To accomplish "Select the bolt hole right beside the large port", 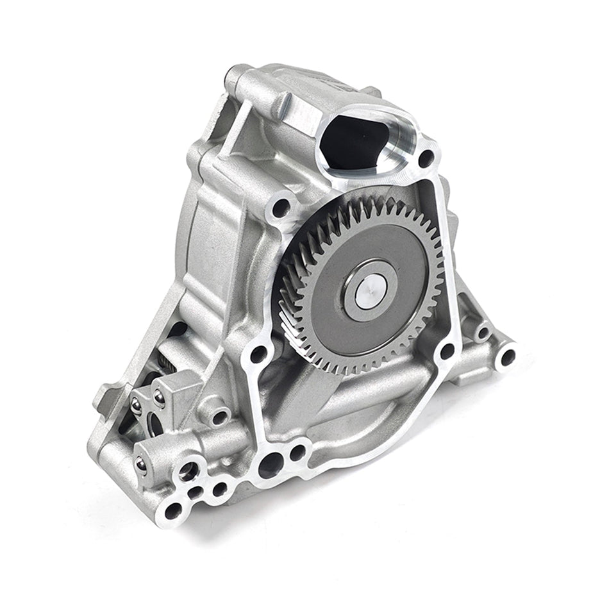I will [x=426, y=156].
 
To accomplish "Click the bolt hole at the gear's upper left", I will [x=280, y=207].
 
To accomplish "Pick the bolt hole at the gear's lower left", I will [x=258, y=354].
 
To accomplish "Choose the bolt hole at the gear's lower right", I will [x=447, y=351].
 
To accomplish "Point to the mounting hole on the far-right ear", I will [x=507, y=356].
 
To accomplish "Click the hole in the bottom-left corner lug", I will [x=173, y=510].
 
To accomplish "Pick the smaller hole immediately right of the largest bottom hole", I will [x=298, y=452].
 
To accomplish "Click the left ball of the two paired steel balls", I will [x=136, y=405].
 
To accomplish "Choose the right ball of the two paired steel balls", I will [x=158, y=397].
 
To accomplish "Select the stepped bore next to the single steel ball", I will [x=188, y=472].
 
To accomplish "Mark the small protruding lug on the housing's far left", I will [x=103, y=400].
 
